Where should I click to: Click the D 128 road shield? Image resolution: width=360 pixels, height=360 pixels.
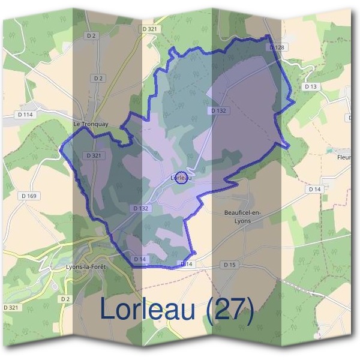coord(276,47)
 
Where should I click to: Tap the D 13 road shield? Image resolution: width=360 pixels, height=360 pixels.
coord(310,86)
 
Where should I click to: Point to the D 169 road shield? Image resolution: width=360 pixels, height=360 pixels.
coord(29,196)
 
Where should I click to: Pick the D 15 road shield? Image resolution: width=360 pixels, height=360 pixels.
coord(230,265)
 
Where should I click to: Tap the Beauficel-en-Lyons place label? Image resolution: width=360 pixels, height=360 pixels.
coord(241,216)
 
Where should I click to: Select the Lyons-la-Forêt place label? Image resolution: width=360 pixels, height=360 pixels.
coord(88,268)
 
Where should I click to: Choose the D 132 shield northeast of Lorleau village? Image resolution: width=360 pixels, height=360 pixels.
coord(218,111)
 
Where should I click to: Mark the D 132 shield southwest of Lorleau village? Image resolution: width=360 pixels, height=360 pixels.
coord(139,208)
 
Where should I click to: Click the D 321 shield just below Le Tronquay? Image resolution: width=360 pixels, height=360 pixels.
coord(94,155)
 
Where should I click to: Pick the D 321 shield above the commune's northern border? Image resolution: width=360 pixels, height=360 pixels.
coord(149,29)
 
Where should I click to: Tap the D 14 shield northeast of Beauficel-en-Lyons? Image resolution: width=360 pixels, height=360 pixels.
coord(315,189)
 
